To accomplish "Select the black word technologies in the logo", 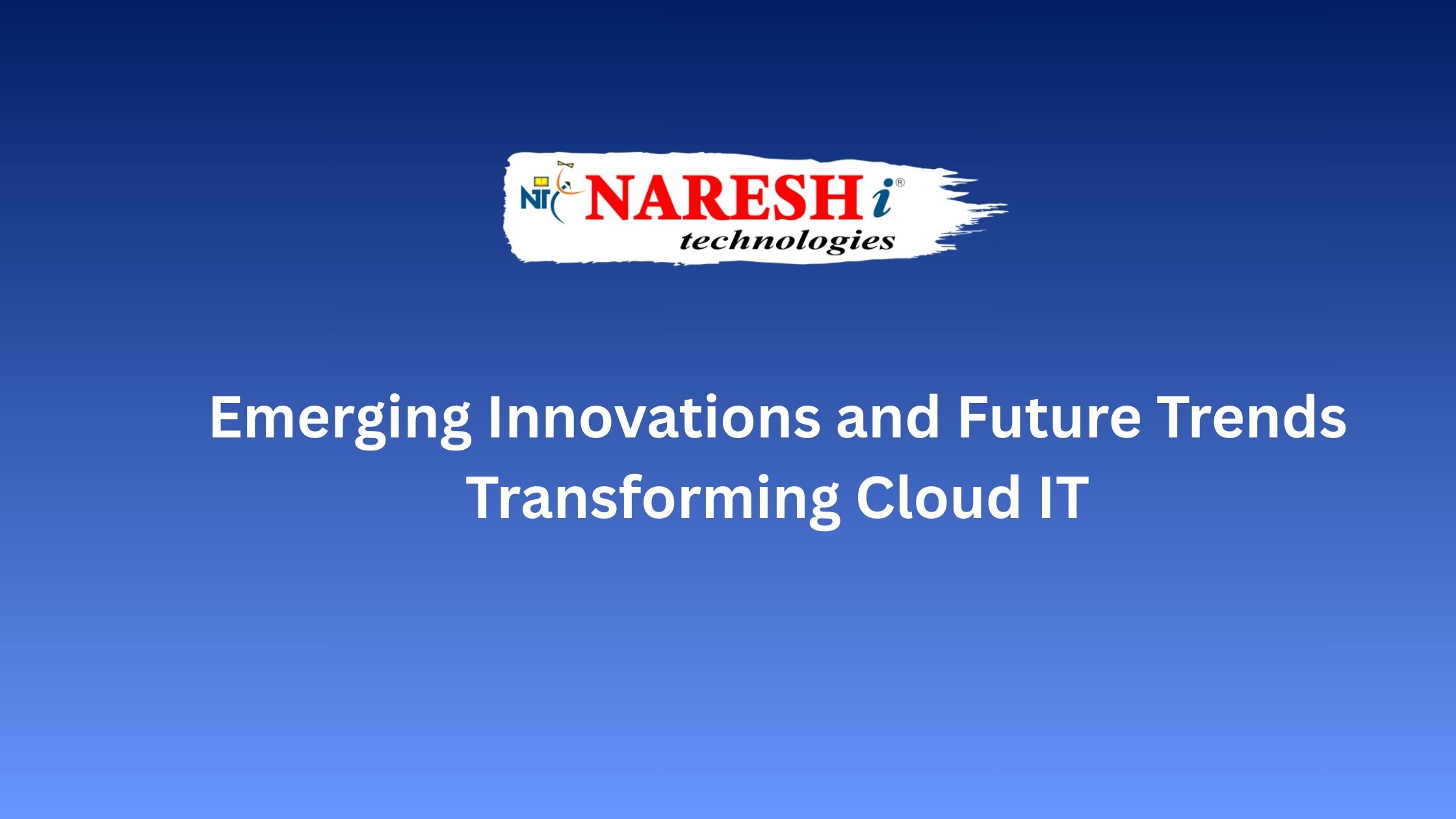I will [x=786, y=242].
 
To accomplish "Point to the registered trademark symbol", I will [x=900, y=183].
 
